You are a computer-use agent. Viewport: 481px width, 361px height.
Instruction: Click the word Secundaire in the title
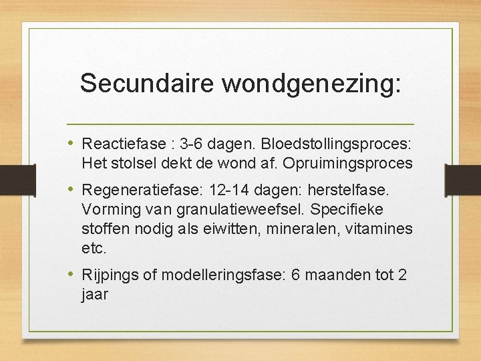pos(148,84)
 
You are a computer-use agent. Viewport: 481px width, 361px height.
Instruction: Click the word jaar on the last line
pos(95,294)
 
